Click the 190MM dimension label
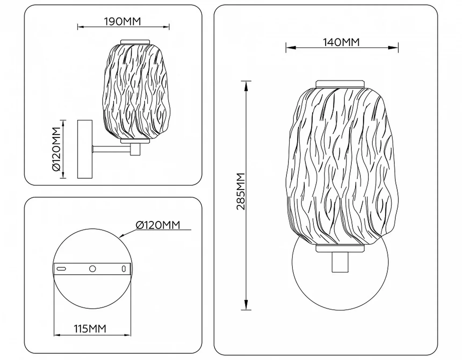coord(122,22)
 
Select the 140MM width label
coord(341,42)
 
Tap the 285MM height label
coord(241,191)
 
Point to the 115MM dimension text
coord(90,329)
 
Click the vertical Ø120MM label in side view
coord(56,149)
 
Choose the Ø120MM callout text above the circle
coord(158,225)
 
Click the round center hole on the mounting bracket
coord(92,269)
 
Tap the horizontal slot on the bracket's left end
coord(61,268)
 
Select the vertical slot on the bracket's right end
coord(124,269)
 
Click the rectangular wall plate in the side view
coord(85,149)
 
